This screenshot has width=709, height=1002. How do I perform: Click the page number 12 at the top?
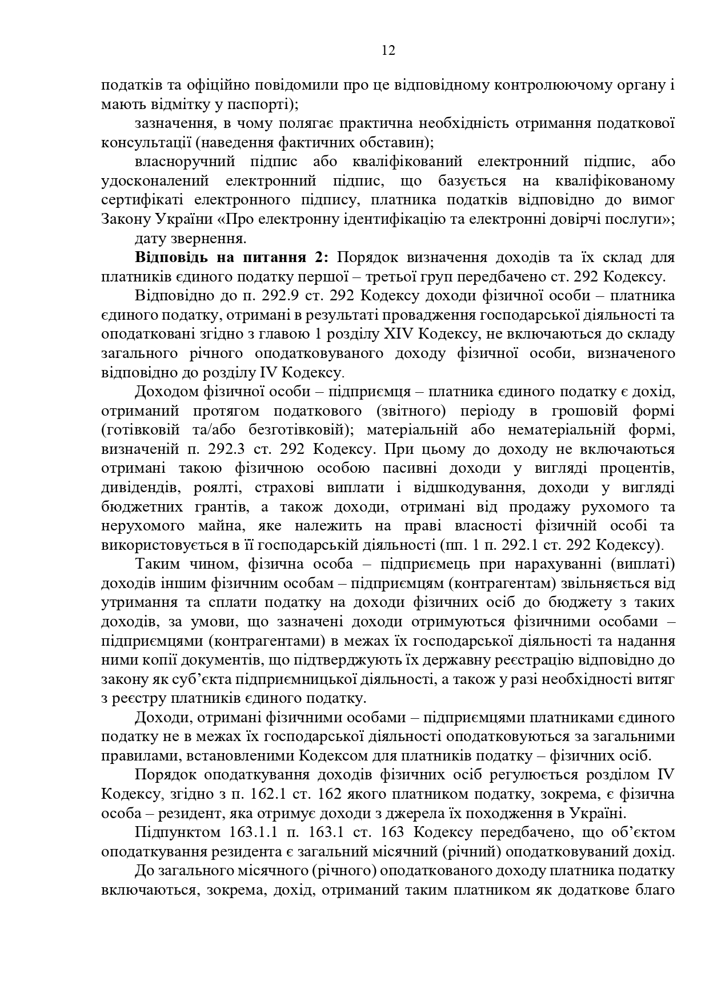point(388,51)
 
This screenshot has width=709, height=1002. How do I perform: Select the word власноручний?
point(185,162)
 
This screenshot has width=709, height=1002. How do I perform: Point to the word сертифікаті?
point(141,200)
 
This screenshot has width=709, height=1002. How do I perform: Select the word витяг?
point(657,679)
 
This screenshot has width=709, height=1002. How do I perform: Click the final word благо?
point(656,890)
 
